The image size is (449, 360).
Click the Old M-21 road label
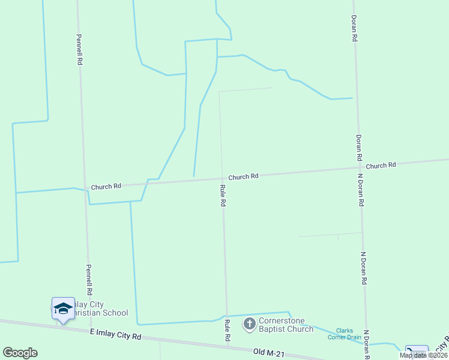tap(268, 352)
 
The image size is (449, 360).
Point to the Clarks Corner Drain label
tap(344, 334)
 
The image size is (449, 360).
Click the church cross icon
tap(249, 325)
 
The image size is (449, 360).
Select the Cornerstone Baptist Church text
tap(286, 325)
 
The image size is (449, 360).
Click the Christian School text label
tap(96, 313)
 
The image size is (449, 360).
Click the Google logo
tap(20, 353)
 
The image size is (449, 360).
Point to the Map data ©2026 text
tap(424, 355)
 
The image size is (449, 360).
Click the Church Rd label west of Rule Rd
tap(106, 187)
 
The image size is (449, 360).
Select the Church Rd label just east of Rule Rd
tap(243, 176)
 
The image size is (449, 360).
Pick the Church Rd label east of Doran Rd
tap(381, 166)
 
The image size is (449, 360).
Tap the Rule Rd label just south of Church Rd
tap(223, 196)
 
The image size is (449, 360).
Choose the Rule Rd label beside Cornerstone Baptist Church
tap(228, 331)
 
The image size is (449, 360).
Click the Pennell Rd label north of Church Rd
tap(79, 49)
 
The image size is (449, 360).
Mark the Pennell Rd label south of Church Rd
tap(88, 279)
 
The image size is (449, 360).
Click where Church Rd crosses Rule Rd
tap(221, 178)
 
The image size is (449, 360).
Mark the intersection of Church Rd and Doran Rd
tap(359, 169)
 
